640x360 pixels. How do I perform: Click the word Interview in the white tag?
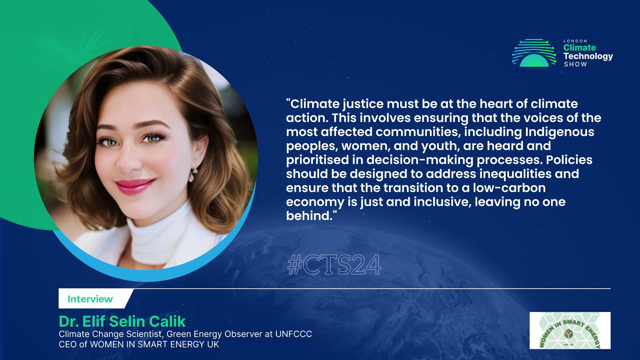click(x=90, y=299)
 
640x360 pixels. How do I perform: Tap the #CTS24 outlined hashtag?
click(x=334, y=265)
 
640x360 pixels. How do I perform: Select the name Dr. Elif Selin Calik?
click(x=122, y=321)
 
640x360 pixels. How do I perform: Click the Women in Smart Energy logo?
click(x=570, y=331)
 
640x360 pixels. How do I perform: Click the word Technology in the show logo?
click(x=588, y=56)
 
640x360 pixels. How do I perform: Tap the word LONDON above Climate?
click(x=575, y=41)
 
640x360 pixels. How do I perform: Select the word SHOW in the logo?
click(x=575, y=64)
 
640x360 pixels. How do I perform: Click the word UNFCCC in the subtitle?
click(x=294, y=334)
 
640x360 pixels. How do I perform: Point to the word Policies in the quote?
click(x=569, y=160)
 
